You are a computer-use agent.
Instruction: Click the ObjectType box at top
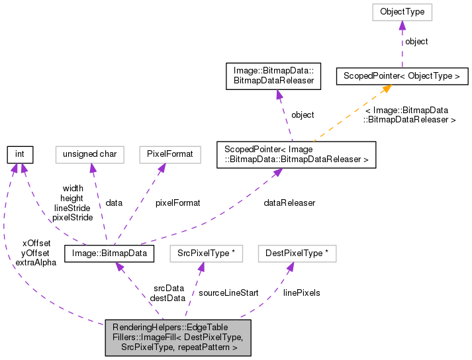[402, 12]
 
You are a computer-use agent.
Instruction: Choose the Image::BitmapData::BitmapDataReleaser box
[273, 76]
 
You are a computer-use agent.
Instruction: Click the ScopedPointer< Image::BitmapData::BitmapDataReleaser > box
[297, 155]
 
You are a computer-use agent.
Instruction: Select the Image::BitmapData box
[109, 253]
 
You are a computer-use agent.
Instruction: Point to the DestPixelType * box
[297, 253]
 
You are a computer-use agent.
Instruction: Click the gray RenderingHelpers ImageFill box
[177, 338]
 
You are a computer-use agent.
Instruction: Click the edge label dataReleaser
[289, 202]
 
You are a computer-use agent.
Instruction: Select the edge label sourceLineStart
[228, 292]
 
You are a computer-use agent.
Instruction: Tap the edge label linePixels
[301, 292]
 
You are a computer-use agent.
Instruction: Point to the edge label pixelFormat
[177, 202]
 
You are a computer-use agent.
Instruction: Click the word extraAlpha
[35, 262]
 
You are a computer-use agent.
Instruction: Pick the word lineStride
[71, 208]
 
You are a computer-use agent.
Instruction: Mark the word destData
[167, 298]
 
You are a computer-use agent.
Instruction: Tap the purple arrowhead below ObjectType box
[402, 25]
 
